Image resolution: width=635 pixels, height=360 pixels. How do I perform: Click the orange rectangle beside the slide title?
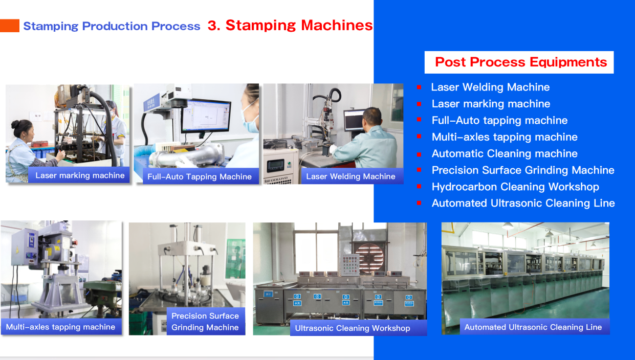10,26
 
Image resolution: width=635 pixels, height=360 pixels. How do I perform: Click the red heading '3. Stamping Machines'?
290,25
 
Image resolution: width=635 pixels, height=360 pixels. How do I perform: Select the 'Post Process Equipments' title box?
519,62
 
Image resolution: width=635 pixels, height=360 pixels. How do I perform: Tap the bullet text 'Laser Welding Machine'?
490,87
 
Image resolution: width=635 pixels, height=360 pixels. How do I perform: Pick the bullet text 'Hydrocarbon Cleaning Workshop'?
515,187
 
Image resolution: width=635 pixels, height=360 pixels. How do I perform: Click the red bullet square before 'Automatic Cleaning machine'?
419,154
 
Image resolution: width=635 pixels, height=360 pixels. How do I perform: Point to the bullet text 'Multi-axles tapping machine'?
505,137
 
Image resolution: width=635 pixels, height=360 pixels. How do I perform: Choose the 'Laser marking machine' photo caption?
79,175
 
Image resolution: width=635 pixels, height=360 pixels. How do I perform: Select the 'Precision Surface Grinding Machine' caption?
206,321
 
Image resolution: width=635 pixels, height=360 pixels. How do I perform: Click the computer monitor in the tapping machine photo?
206,116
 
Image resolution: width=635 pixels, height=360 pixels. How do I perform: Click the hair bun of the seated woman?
15,124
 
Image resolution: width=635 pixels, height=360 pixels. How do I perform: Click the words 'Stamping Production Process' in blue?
112,26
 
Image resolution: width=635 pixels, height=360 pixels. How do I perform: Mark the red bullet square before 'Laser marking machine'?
419,104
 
